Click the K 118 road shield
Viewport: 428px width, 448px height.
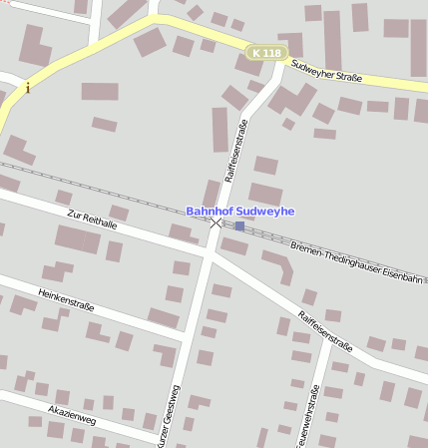(x=266, y=52)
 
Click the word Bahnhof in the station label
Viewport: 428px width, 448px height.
(x=211, y=212)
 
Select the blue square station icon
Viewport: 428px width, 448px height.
(x=239, y=226)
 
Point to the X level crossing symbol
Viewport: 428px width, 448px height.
(x=216, y=223)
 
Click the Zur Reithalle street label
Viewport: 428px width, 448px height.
(x=92, y=220)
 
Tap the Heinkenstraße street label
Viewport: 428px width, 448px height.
(x=66, y=298)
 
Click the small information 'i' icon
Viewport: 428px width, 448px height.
(x=28, y=88)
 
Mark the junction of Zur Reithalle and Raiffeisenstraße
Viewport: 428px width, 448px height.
(x=209, y=255)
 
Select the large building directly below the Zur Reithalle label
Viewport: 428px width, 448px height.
(x=78, y=239)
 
